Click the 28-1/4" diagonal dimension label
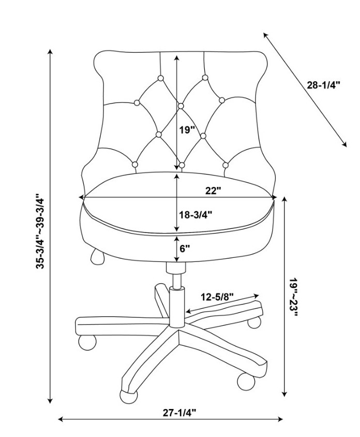pos(323,85)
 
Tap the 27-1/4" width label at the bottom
pos(179,412)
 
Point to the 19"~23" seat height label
pos(293,297)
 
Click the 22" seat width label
pos(213,191)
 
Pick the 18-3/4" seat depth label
pos(196,214)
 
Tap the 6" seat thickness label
pos(185,249)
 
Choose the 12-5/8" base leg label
pos(217,297)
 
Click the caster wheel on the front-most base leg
pos(129,396)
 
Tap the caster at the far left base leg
pos(87,343)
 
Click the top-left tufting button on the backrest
pos(161,78)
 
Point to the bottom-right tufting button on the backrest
pos(226,165)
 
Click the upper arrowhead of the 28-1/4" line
pos(265,35)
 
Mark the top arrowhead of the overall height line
pos(50,52)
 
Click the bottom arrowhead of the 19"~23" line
pos(284,394)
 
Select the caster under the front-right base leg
pos(246,381)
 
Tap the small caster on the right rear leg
pos(254,323)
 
